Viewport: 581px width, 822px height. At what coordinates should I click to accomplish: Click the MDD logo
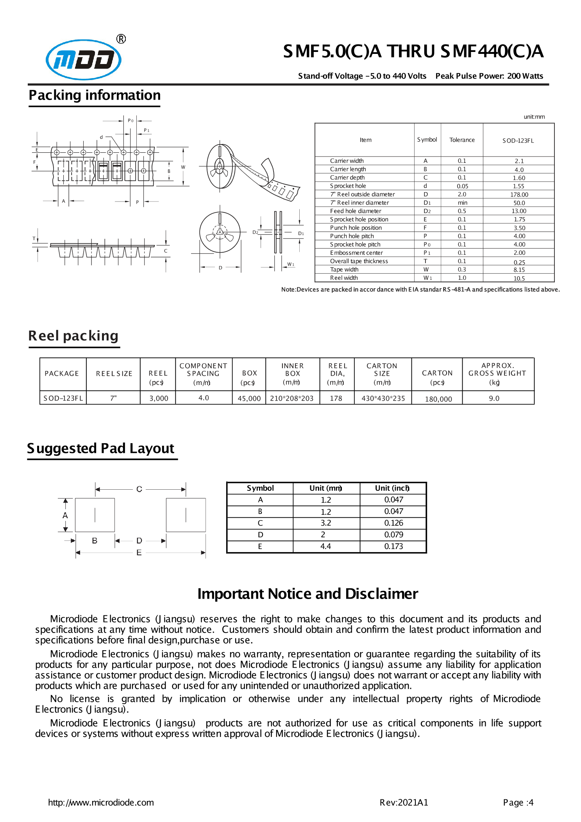pos(84,59)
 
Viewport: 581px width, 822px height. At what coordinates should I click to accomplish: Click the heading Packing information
pos(95,95)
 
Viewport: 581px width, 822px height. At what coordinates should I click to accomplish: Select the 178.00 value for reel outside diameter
pos(519,194)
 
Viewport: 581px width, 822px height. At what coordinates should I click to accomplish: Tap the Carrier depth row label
pos(347,178)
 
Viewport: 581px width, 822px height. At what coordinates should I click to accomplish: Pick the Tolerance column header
pos(462,140)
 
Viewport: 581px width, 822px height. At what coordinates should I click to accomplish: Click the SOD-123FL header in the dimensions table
pos(518,141)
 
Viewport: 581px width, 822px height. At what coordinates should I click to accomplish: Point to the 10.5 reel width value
pos(519,278)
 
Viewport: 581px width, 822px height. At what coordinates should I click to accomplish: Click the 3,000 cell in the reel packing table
pos(159,398)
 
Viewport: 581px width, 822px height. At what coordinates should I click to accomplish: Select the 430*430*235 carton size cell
pos(383,398)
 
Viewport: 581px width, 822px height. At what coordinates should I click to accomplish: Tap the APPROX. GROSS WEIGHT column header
pos(497,373)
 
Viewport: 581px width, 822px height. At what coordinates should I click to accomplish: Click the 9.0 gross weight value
pos(494,398)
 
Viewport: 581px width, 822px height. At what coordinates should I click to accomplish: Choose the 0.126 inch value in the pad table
pos(393,523)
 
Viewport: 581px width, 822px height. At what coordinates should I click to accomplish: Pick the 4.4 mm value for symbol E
pos(325,546)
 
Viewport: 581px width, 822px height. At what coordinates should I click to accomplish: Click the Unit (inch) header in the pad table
pos(392,488)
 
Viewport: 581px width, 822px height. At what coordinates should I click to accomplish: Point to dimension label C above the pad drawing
pos(139,489)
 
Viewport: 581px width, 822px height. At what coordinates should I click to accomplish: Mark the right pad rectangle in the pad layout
pos(186,515)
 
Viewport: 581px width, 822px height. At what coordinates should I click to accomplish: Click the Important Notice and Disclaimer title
pos(307,594)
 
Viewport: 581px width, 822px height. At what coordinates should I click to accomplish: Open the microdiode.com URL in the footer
pos(101,802)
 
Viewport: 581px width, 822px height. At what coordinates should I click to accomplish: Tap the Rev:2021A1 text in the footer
pos(404,802)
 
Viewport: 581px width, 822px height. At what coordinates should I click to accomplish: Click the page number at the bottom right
pos(518,802)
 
